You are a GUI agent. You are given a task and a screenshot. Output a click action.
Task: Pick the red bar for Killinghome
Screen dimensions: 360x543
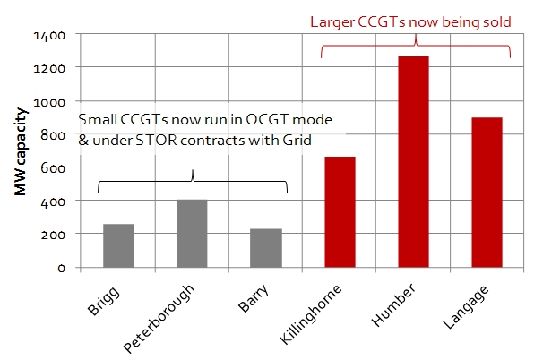[x=340, y=212]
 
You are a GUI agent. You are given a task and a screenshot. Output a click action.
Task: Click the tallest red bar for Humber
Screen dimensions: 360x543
[x=414, y=162]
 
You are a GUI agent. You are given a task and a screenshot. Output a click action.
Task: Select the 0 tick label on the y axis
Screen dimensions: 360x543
[x=62, y=268]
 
